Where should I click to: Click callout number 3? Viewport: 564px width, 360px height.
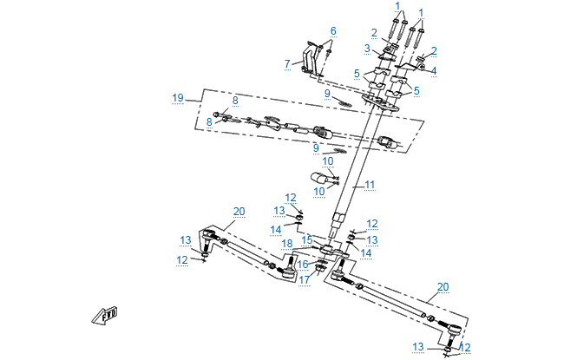click(367, 49)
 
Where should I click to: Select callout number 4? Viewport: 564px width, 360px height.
click(434, 70)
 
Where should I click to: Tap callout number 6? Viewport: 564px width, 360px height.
click(332, 31)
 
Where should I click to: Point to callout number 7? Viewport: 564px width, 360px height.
click(287, 63)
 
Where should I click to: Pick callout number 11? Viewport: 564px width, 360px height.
click(369, 185)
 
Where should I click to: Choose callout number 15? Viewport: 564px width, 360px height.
click(306, 238)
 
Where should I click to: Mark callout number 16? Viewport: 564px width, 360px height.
click(303, 265)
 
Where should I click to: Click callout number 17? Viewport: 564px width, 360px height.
click(304, 279)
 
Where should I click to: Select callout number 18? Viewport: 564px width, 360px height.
click(287, 244)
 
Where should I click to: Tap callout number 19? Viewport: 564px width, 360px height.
click(178, 98)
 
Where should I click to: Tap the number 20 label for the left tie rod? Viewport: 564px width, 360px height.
click(239, 211)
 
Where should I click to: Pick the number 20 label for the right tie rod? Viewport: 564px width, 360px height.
click(443, 286)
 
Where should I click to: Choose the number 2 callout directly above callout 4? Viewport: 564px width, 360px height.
click(434, 51)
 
